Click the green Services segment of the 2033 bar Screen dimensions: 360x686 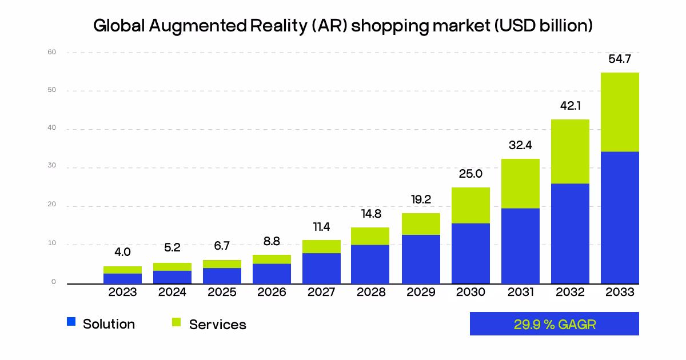click(620, 112)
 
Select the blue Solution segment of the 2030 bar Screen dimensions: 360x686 click(470, 253)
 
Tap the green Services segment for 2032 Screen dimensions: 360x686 click(570, 151)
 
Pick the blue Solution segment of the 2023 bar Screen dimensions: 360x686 click(122, 278)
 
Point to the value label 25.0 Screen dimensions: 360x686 click(470, 174)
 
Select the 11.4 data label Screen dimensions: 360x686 click(321, 227)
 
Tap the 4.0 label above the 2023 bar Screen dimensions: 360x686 click(122, 252)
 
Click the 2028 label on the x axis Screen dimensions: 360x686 click(371, 293)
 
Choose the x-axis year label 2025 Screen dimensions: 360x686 click(222, 293)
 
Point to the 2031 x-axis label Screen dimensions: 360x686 click(520, 293)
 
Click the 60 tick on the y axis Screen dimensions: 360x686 click(52, 52)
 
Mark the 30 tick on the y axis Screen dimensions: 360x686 click(52, 167)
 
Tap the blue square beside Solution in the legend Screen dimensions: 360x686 click(71, 322)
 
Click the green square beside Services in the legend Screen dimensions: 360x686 click(176, 322)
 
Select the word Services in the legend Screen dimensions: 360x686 click(217, 325)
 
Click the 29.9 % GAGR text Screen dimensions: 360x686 click(555, 325)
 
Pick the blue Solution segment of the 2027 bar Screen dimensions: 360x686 click(321, 269)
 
